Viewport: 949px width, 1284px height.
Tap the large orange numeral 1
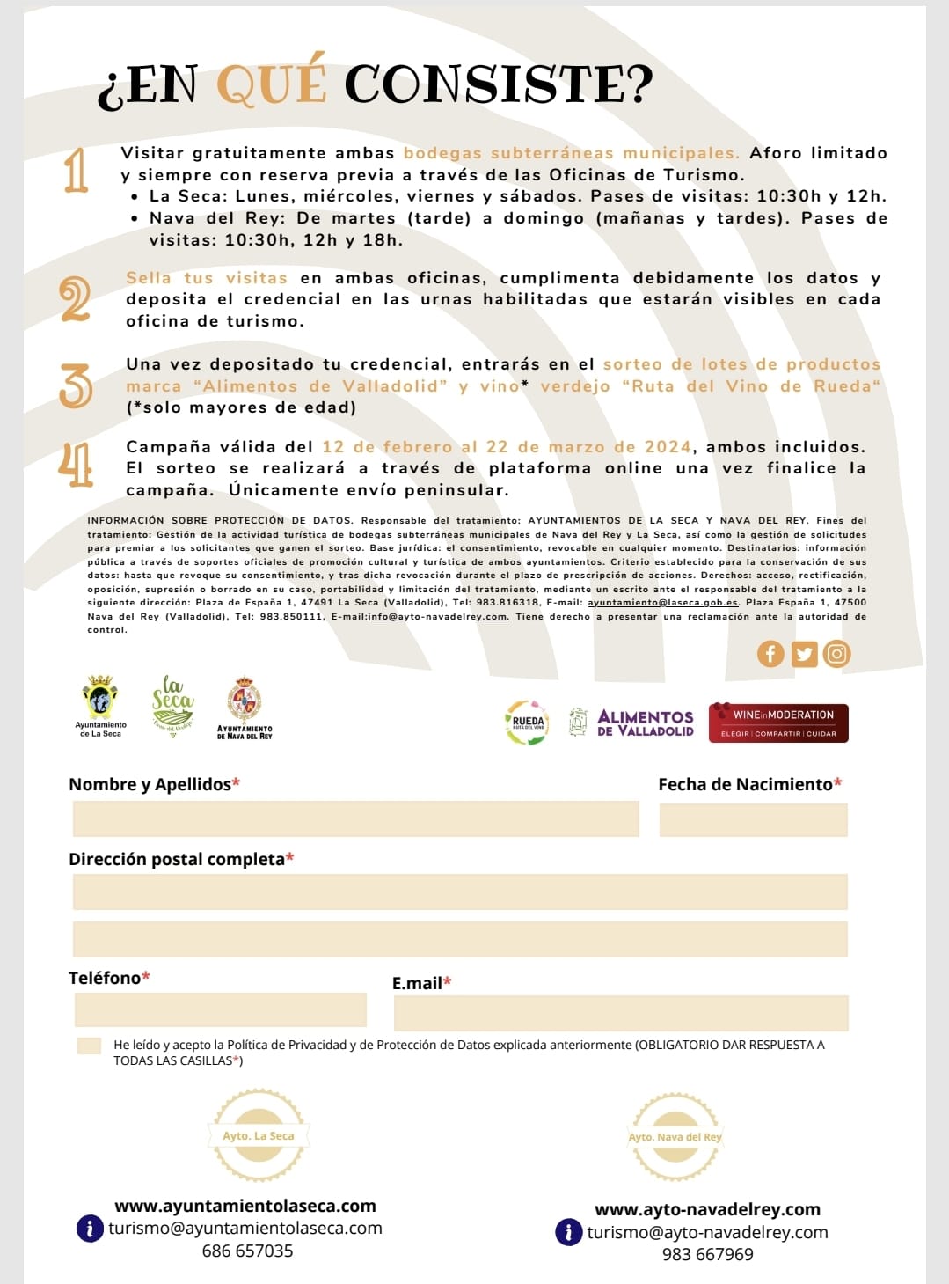pos(77,171)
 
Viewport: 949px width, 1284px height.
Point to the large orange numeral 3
pos(76,386)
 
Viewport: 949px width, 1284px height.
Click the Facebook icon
pos(770,654)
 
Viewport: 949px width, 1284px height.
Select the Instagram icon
pos(836,654)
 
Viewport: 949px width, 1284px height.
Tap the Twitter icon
pos(804,654)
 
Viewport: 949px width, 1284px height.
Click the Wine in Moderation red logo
pos(778,723)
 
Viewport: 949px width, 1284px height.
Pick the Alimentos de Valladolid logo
pos(632,723)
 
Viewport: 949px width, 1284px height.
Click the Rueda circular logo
pos(527,723)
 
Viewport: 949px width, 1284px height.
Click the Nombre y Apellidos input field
pos(355,818)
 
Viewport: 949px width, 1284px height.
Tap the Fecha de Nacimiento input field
pos(753,818)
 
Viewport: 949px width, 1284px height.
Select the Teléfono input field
pos(220,1009)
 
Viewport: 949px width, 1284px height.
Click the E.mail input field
pos(620,1013)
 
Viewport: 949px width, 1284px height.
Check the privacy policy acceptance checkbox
pos(89,1046)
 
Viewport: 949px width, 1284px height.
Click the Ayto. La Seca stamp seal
pos(259,1135)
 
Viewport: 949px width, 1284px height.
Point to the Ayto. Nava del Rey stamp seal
pos(675,1136)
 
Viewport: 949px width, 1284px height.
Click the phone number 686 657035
pos(247,1251)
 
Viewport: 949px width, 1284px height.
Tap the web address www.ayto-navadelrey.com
pos(707,1209)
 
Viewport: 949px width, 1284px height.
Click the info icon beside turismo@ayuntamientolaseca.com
pos(90,1228)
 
